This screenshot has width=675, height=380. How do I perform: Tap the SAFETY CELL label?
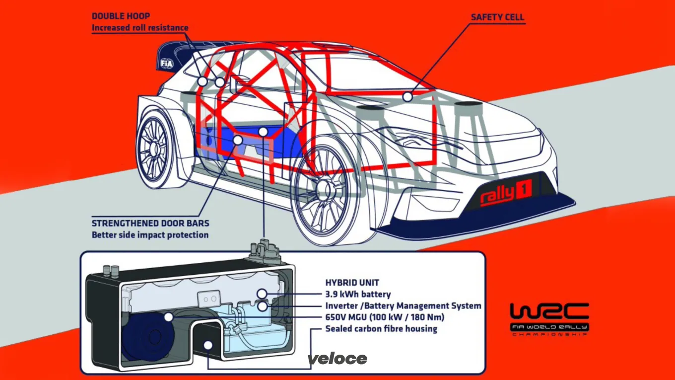tap(497, 17)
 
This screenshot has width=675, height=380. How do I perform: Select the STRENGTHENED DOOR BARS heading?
tap(150, 224)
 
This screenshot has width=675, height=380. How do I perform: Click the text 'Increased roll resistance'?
tap(140, 28)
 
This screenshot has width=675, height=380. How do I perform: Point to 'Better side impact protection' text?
tap(150, 235)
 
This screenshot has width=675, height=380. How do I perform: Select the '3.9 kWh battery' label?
tap(358, 295)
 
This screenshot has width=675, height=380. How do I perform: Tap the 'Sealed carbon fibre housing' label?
tap(381, 329)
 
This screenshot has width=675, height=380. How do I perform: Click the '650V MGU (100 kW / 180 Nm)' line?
tap(385, 317)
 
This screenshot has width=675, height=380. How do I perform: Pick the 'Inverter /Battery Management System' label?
tap(403, 306)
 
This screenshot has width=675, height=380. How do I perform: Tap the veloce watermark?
tap(337, 359)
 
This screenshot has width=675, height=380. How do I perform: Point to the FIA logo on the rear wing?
tap(166, 63)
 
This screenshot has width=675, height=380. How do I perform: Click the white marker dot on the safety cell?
tap(407, 96)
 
